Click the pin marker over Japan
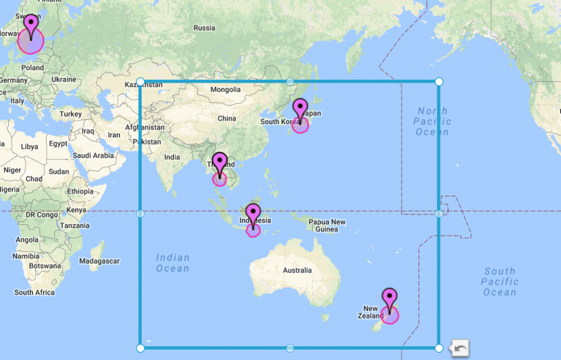pyautogui.click(x=300, y=110)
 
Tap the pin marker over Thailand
pyautogui.click(x=220, y=164)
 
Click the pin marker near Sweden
pyautogui.click(x=31, y=25)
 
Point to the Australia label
pyautogui.click(x=297, y=269)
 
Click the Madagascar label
pyautogui.click(x=98, y=261)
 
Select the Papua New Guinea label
pyautogui.click(x=327, y=226)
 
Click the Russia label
pyautogui.click(x=205, y=28)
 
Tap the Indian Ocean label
pyautogui.click(x=173, y=263)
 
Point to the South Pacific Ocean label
pyautogui.click(x=500, y=282)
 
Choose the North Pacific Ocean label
pyautogui.click(x=433, y=121)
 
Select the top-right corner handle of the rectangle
pyautogui.click(x=439, y=82)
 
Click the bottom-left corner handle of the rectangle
pyautogui.click(x=140, y=348)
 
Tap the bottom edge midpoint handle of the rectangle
pyautogui.click(x=290, y=348)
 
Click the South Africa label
pyautogui.click(x=34, y=292)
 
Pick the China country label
pyautogui.click(x=226, y=118)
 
